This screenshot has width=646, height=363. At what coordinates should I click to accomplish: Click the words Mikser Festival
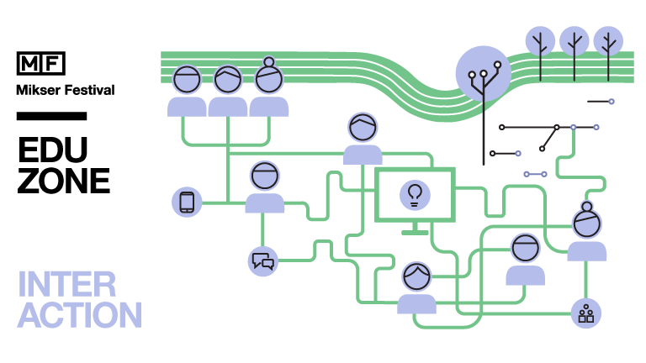[65, 89]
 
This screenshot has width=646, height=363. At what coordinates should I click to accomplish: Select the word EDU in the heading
[52, 150]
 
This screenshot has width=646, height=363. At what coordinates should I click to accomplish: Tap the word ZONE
[64, 181]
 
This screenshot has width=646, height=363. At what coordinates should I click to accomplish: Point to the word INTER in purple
[63, 284]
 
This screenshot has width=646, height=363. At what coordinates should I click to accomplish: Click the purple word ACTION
[80, 315]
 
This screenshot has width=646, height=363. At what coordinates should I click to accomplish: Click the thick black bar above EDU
[51, 116]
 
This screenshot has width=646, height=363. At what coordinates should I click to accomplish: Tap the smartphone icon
[187, 203]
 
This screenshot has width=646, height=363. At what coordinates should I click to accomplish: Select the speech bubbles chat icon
[263, 261]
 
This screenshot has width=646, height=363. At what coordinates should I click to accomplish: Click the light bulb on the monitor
[414, 194]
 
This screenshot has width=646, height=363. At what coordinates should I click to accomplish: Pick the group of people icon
[585, 314]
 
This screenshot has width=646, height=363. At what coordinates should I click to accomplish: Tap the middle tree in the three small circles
[575, 40]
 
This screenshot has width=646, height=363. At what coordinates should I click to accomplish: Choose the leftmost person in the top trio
[187, 91]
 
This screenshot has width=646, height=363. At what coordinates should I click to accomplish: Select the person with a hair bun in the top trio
[269, 87]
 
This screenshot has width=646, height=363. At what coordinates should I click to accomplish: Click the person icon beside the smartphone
[264, 188]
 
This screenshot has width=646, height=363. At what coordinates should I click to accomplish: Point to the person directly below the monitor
[416, 287]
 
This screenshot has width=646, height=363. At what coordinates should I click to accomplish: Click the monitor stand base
[414, 232]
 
